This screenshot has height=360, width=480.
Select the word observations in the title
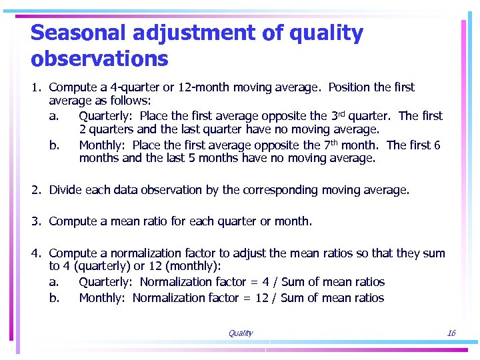(x=99, y=59)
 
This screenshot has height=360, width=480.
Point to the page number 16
(x=451, y=333)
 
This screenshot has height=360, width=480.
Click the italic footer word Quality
(x=240, y=333)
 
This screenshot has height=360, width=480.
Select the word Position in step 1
(x=350, y=87)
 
